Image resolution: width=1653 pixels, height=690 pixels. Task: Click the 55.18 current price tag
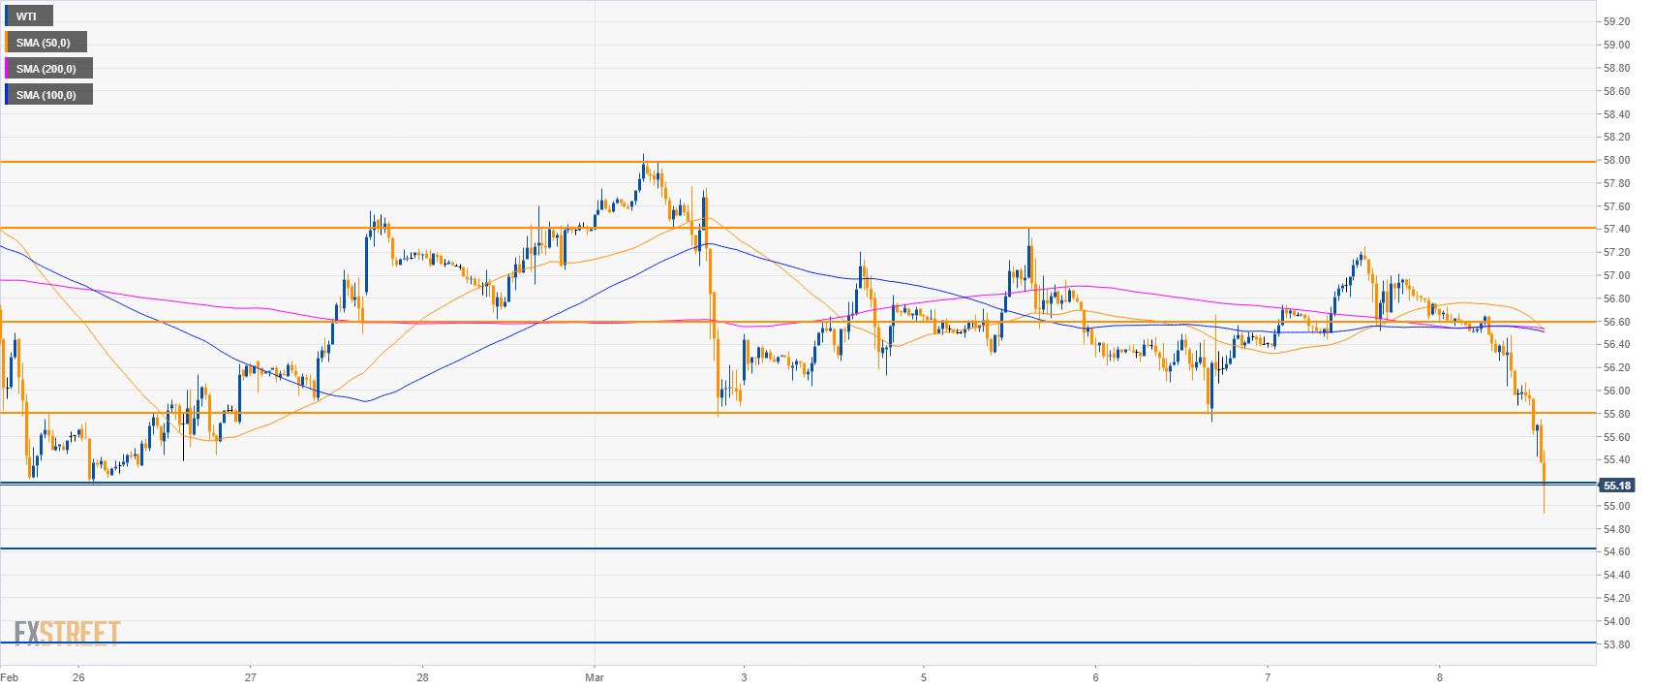1617,486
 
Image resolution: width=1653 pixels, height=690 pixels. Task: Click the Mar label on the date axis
595,677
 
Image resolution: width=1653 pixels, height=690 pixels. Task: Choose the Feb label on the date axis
9,677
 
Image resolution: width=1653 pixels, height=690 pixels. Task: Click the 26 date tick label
78,677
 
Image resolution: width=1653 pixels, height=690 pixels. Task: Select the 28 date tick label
422,677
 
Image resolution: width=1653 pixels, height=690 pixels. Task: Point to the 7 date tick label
1268,677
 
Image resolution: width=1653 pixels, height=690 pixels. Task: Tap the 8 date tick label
1440,677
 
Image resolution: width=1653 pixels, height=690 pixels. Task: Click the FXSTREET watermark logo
67,634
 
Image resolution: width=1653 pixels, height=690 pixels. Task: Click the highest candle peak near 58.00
643,155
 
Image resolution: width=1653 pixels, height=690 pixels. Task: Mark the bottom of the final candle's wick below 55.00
1544,513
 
